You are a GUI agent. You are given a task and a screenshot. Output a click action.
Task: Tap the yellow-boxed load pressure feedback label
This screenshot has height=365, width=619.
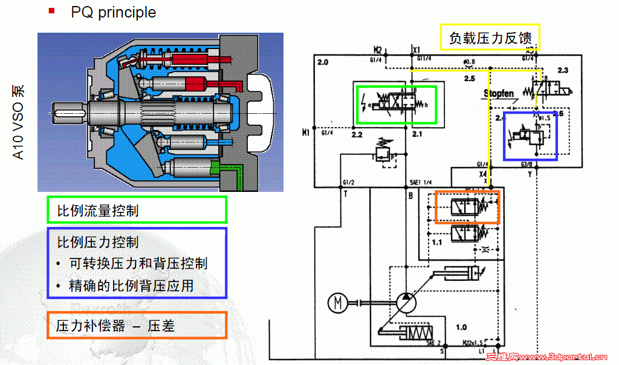[x=490, y=38]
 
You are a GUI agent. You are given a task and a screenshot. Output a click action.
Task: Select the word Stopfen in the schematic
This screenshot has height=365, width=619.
[x=498, y=93]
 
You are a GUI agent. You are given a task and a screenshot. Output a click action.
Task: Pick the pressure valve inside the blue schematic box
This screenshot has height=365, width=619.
[x=531, y=136]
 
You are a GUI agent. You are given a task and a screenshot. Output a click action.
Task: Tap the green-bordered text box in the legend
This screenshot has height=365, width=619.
[x=136, y=210]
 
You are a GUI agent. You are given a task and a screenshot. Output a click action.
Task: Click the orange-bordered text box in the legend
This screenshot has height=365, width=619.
[x=136, y=326]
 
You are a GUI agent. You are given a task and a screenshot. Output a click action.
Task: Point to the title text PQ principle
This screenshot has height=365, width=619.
[x=113, y=12]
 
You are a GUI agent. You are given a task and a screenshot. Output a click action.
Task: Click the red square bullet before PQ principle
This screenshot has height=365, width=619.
[x=52, y=11]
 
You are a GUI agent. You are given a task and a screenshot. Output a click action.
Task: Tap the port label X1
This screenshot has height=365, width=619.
[x=416, y=49]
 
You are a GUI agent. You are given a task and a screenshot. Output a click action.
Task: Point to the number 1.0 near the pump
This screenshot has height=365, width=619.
[x=461, y=327]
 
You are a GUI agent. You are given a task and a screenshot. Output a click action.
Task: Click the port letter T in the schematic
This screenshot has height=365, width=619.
[x=345, y=194]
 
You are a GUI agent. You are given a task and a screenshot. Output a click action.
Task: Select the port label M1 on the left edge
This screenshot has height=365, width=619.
[x=306, y=131]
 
